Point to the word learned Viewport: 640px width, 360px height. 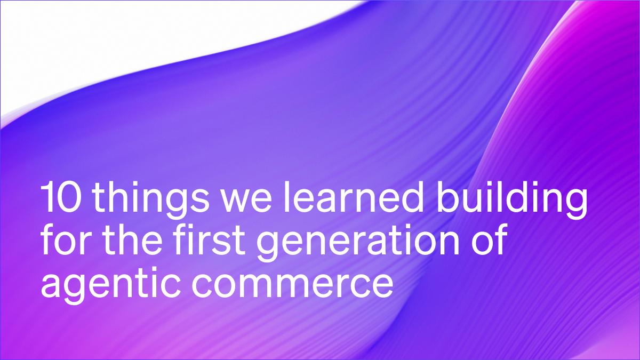point(329,198)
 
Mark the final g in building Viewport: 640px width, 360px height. point(575,204)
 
